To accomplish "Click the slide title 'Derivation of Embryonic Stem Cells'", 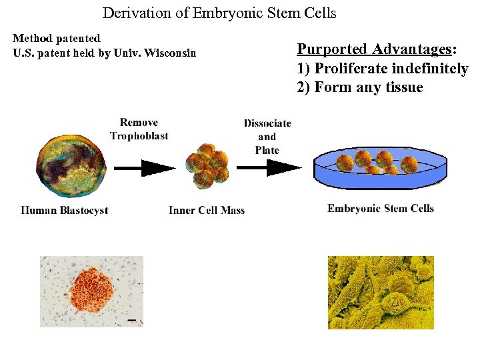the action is point(219,13).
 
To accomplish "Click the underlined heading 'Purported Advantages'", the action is point(374,49).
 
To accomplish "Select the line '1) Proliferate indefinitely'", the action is point(383,69).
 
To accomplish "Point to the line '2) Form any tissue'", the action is point(360,87).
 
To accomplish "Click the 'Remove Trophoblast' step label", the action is point(139,129).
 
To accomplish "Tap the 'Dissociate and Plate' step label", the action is point(267,136).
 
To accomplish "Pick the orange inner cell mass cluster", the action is point(207,165).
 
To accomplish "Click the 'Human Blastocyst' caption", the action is point(65,211).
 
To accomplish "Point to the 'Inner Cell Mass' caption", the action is point(207,211).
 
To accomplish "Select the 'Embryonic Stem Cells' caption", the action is point(381,209).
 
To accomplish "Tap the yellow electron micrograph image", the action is point(381,292).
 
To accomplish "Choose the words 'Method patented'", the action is point(57,39).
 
